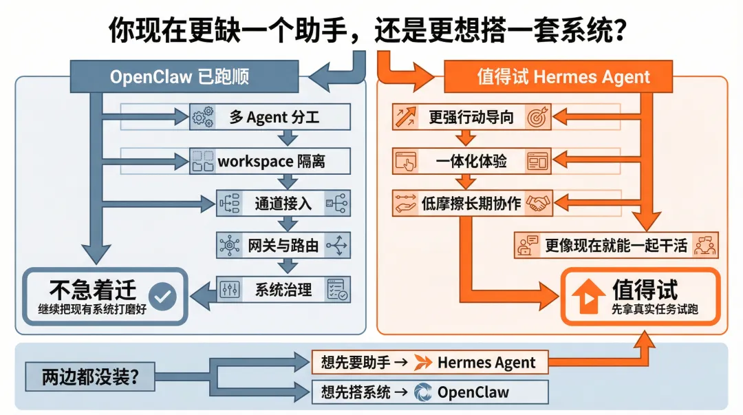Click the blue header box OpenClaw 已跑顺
[184, 76]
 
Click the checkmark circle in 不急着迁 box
[164, 296]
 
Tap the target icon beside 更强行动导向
[537, 118]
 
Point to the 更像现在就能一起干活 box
[616, 246]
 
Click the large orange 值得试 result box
[640, 296]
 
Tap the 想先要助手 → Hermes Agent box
[429, 362]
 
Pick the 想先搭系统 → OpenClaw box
[429, 392]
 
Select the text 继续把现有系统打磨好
[92, 309]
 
